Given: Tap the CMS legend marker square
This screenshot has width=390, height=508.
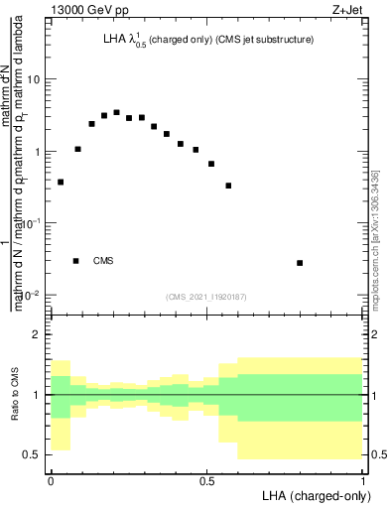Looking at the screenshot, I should point(75,261).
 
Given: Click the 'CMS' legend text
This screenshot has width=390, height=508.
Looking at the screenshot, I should point(103,261).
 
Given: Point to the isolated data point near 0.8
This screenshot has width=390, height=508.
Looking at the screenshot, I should point(300,263).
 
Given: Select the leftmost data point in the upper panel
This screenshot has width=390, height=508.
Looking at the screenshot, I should point(61,182).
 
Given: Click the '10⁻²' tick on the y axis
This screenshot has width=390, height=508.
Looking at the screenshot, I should point(30,295).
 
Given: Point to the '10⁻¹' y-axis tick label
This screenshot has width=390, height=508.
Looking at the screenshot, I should point(30,223).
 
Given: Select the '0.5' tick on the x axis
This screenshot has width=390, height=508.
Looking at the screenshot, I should point(207,480).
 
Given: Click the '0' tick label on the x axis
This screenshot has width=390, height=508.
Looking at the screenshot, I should point(51,480).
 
